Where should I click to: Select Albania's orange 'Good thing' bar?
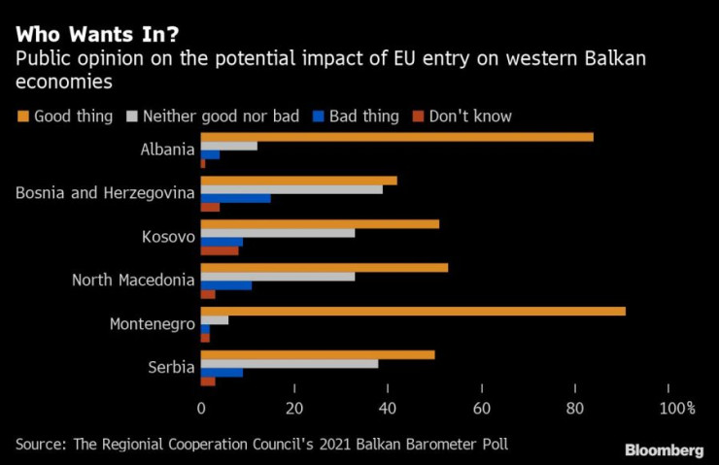click(396, 137)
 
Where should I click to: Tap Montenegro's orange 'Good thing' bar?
click(413, 312)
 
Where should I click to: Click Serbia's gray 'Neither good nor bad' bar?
click(289, 364)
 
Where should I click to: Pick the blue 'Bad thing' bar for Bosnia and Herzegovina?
click(236, 198)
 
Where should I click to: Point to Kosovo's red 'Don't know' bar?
click(220, 250)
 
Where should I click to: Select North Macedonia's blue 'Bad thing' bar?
click(226, 285)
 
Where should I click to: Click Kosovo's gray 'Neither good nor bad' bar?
click(278, 233)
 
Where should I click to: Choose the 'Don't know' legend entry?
click(462, 116)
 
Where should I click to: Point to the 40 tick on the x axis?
click(389, 409)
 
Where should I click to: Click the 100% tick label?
click(677, 409)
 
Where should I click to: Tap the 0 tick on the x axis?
click(201, 409)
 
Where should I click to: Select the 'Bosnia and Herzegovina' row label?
click(106, 193)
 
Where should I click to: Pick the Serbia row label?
click(172, 368)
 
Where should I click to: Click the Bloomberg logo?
click(665, 450)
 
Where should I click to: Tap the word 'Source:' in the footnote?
click(42, 445)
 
